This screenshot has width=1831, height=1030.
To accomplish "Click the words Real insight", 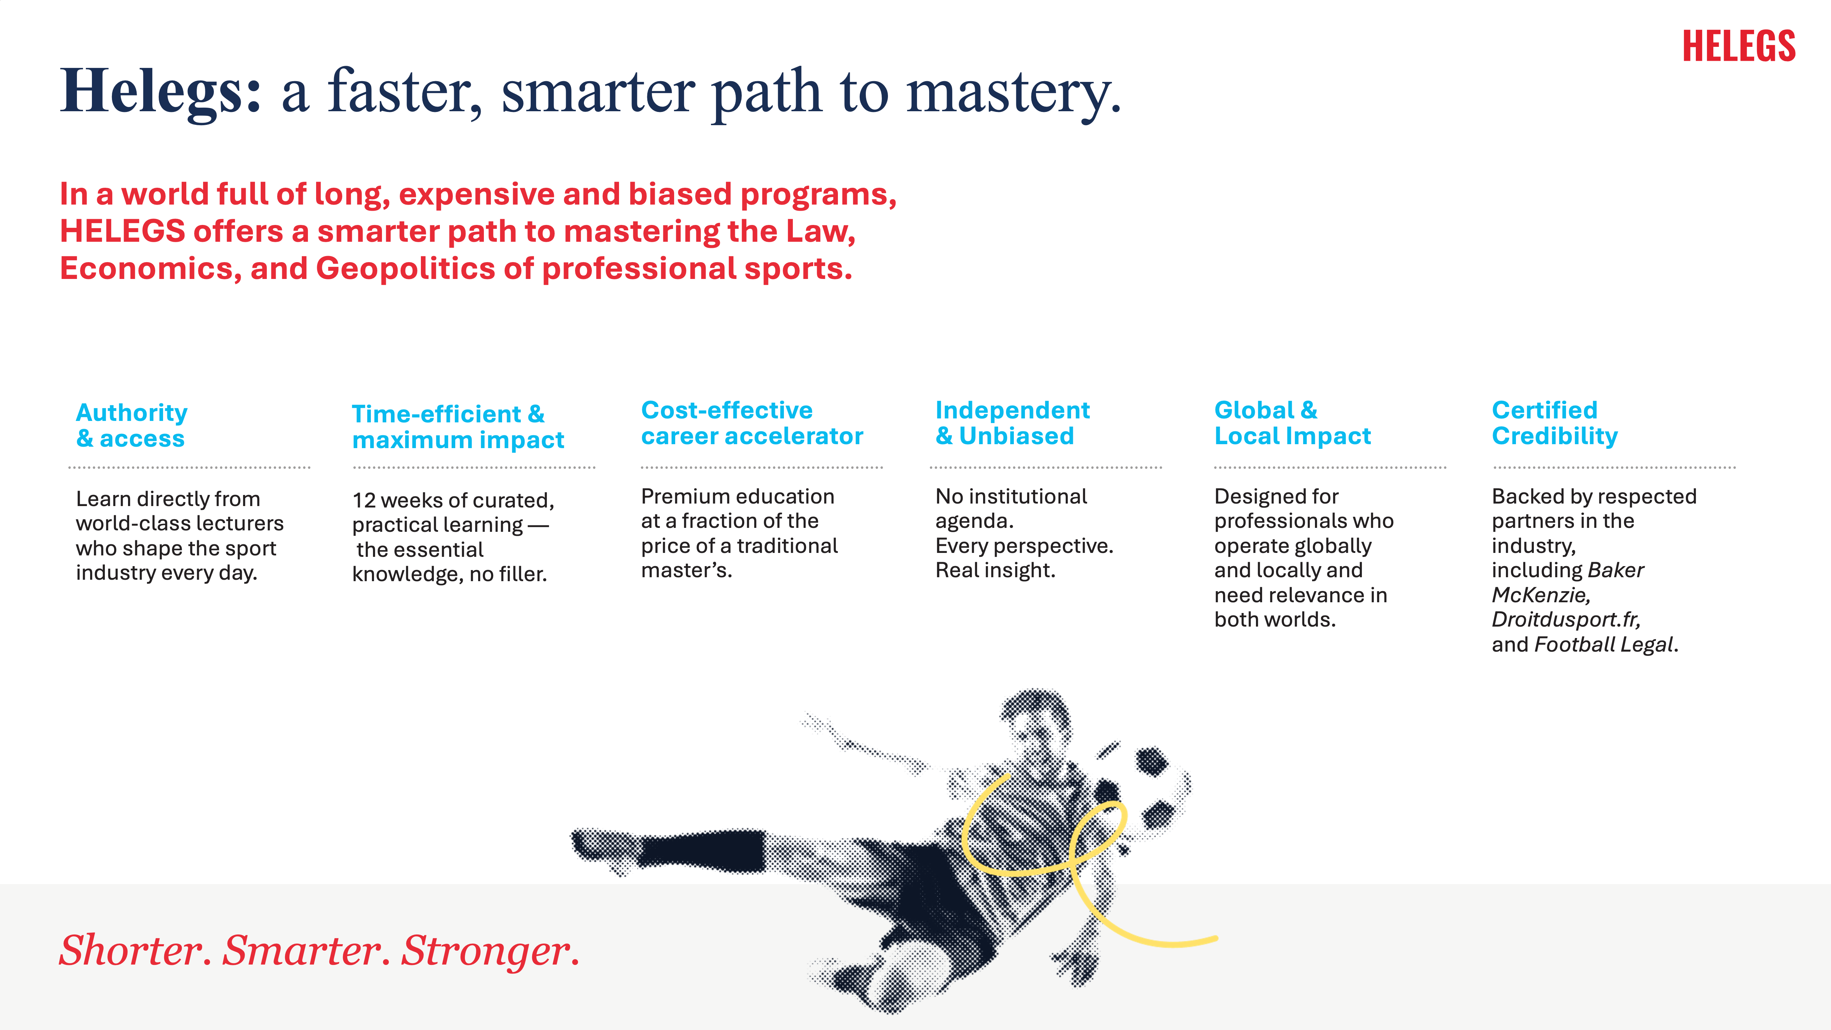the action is pos(995,570).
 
